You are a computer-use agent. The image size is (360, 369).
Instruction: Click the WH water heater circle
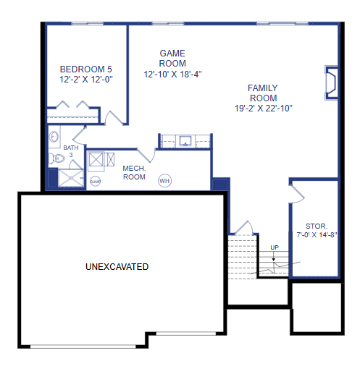164,181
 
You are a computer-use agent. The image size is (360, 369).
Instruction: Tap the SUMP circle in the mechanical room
96,182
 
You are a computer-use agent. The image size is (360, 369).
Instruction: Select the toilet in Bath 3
56,158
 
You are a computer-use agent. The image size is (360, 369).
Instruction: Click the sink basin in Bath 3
54,137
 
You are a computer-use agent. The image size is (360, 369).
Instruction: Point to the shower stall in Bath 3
71,178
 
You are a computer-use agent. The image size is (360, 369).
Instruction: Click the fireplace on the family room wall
331,82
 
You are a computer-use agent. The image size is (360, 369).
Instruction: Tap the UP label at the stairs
275,247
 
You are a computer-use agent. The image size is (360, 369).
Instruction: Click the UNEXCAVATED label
117,267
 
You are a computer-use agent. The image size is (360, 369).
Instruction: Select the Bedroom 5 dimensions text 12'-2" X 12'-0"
86,80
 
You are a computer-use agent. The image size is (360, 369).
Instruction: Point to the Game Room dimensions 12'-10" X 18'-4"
172,75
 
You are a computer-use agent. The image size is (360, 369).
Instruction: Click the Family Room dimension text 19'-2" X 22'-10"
264,109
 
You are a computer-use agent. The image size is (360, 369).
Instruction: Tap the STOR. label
317,226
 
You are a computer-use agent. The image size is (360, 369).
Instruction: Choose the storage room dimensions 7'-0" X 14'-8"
317,235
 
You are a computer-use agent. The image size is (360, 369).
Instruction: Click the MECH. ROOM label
134,172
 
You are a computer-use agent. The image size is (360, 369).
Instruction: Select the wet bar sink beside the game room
185,141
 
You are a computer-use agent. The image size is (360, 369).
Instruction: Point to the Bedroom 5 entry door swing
114,117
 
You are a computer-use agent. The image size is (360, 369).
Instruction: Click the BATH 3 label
71,151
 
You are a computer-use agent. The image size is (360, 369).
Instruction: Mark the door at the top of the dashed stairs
244,228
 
